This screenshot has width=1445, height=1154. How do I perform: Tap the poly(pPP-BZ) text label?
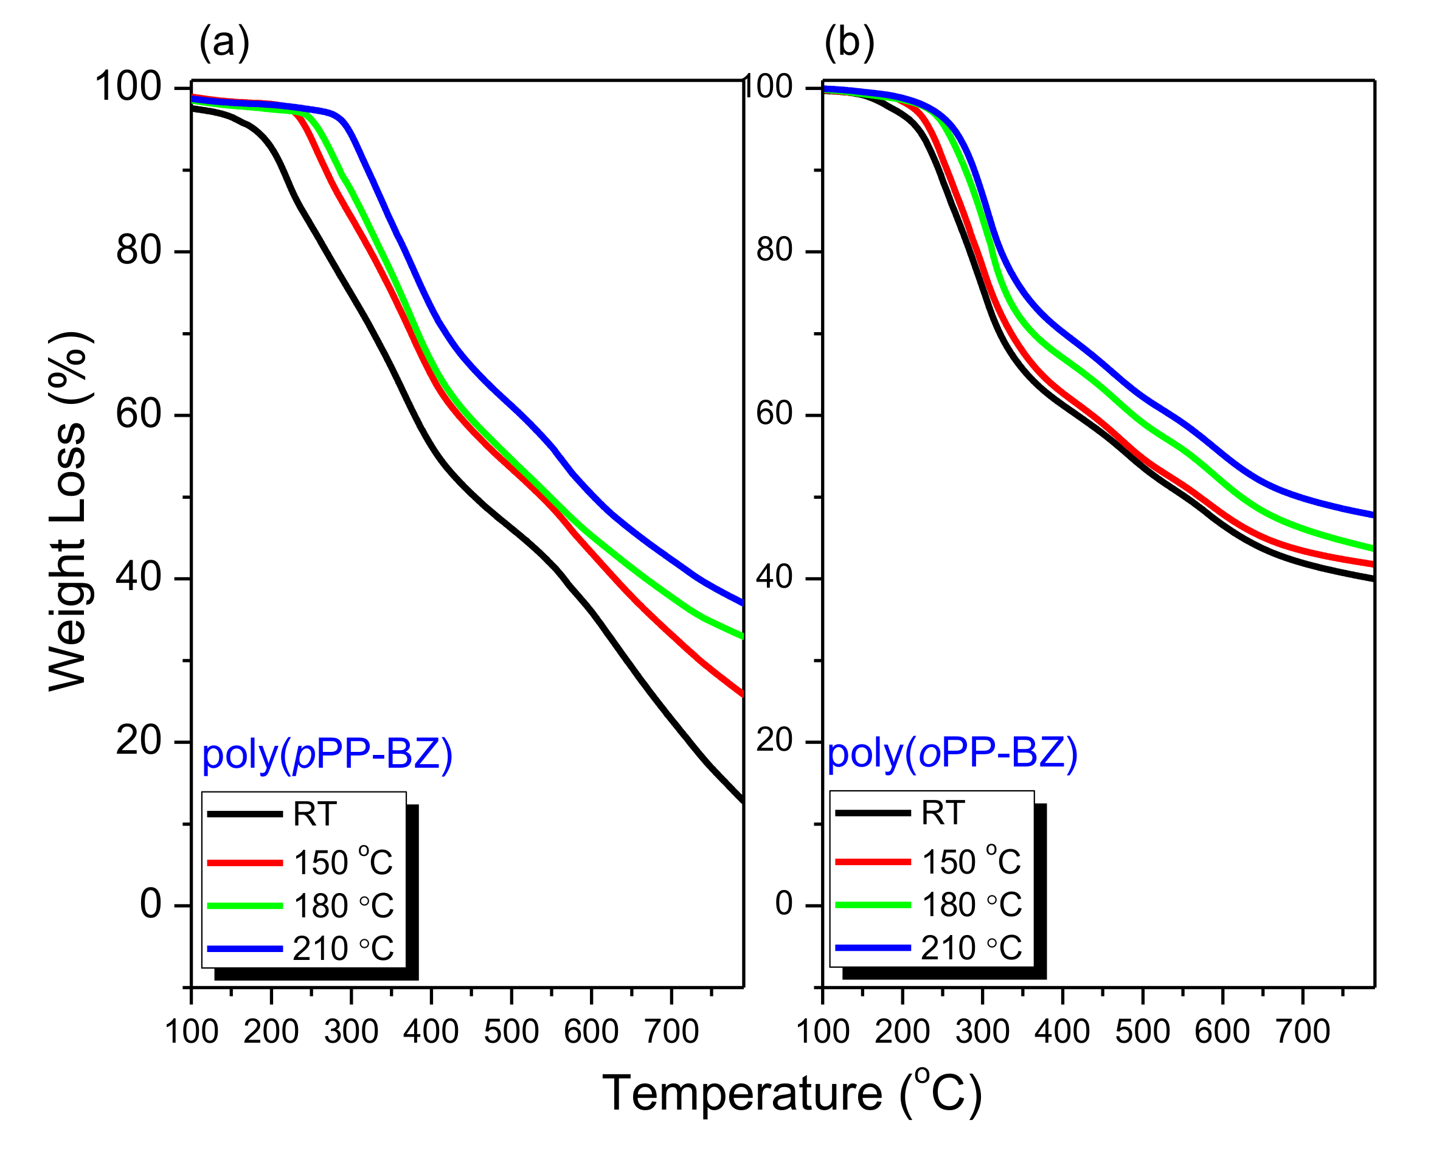click(x=327, y=754)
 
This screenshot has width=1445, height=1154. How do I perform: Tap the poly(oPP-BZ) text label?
click(x=952, y=753)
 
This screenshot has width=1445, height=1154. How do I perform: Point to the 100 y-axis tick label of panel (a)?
click(x=128, y=87)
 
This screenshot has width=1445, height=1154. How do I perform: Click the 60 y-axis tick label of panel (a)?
click(x=139, y=414)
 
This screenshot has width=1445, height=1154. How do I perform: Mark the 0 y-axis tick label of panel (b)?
click(x=784, y=904)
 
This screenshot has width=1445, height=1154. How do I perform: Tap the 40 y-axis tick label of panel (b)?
click(x=774, y=577)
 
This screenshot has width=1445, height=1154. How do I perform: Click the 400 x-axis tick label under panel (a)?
click(x=431, y=1031)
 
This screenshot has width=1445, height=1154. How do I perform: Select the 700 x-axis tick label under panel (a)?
click(x=671, y=1031)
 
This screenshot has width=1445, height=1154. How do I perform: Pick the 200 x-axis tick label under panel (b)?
click(x=902, y=1031)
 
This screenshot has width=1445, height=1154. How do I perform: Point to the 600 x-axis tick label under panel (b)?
click(x=1222, y=1031)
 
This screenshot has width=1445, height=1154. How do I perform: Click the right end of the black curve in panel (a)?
click(x=742, y=800)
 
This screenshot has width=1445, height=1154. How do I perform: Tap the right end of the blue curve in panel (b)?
click(x=1373, y=515)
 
